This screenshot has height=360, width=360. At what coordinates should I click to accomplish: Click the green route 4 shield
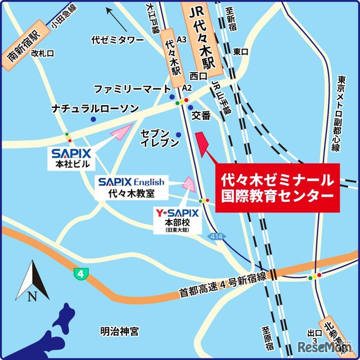point(81,274)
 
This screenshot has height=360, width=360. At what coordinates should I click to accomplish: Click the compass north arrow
point(32,280)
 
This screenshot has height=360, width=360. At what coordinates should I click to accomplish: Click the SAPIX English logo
point(131,182)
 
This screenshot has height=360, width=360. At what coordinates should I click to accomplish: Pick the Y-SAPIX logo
point(177,213)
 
